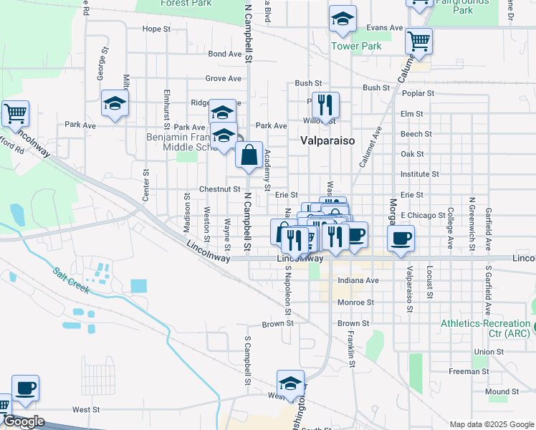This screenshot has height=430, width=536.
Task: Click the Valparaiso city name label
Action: pyautogui.click(x=327, y=140)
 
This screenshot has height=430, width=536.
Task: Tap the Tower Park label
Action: pyautogui.click(x=356, y=47)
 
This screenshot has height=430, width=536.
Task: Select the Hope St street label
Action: pyautogui.click(x=156, y=29)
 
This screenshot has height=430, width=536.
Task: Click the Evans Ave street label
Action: pyautogui.click(x=385, y=28)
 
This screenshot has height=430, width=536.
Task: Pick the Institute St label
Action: pyautogui.click(x=420, y=174)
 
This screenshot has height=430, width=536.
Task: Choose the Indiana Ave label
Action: pyautogui.click(x=358, y=281)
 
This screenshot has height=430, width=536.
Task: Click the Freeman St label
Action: pyautogui.click(x=469, y=371)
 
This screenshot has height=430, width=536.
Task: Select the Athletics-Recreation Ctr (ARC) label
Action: pyautogui.click(x=485, y=329)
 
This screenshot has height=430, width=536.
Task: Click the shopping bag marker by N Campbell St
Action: pyautogui.click(x=249, y=156)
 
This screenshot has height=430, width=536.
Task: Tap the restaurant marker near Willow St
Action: pyautogui.click(x=325, y=105)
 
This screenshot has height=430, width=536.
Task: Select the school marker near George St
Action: pyautogui.click(x=115, y=104)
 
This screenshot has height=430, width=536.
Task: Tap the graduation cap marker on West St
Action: pyautogui.click(x=290, y=383)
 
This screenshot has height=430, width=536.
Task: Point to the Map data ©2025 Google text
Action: pyautogui.click(x=492, y=424)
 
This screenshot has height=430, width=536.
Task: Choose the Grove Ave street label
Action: pyautogui.click(x=223, y=78)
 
